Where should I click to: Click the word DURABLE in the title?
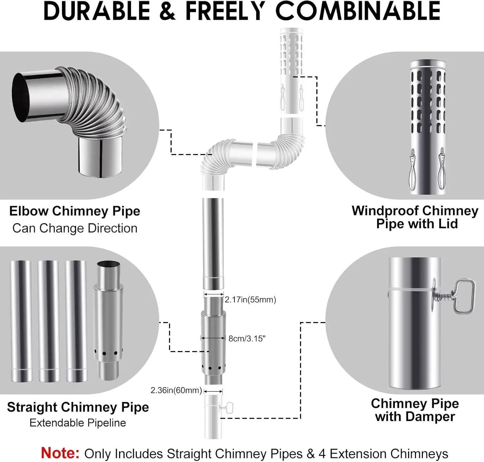pos(97,11)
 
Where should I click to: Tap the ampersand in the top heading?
pos(167,11)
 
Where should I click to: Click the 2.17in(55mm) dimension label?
pos(250,300)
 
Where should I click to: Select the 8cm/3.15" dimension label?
pos(247,339)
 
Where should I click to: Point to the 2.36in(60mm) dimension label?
pos(176,390)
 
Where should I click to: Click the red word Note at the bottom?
pos(60,453)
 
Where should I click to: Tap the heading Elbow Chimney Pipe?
pos(75,211)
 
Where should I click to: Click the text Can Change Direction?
pos(75,228)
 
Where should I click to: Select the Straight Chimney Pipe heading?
pos(78,407)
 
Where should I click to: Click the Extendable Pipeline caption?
pos(78,423)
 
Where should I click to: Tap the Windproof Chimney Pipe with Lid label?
pos(415,217)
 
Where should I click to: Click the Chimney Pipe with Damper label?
pos(415,410)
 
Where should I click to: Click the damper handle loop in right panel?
pos(465,296)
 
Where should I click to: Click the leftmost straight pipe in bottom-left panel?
pos(21,321)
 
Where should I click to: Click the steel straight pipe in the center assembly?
pos(213,244)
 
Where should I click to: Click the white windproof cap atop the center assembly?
pos(291,71)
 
